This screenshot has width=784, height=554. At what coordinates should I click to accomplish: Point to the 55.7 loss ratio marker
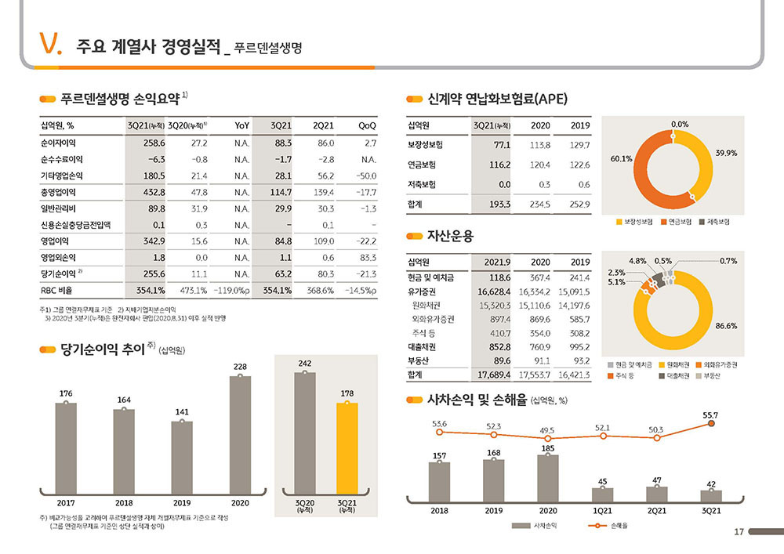tap(711, 423)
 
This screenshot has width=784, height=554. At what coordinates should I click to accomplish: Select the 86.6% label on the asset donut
tap(726, 326)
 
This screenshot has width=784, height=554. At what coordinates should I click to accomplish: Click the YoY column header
tap(241, 125)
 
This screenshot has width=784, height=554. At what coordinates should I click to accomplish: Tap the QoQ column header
tap(366, 125)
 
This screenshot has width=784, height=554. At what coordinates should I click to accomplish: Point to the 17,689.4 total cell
tap(493, 375)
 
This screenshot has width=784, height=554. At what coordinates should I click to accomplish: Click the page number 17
tap(738, 533)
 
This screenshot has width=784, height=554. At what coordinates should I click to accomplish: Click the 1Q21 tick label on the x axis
tap(602, 511)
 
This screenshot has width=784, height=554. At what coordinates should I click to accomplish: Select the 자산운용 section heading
tap(450, 235)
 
